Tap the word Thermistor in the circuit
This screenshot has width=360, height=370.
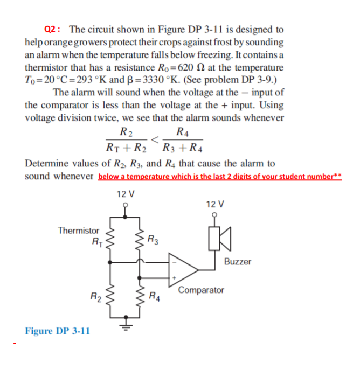[79, 231]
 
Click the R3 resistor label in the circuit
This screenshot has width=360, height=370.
[153, 240]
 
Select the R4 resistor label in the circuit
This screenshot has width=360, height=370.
[154, 295]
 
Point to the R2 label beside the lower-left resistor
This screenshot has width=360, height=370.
[95, 295]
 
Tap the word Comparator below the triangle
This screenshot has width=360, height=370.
[200, 290]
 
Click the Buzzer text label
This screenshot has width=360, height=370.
[238, 261]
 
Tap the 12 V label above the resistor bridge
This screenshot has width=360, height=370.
[126, 194]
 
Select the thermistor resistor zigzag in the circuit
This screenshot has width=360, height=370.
[112, 240]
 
